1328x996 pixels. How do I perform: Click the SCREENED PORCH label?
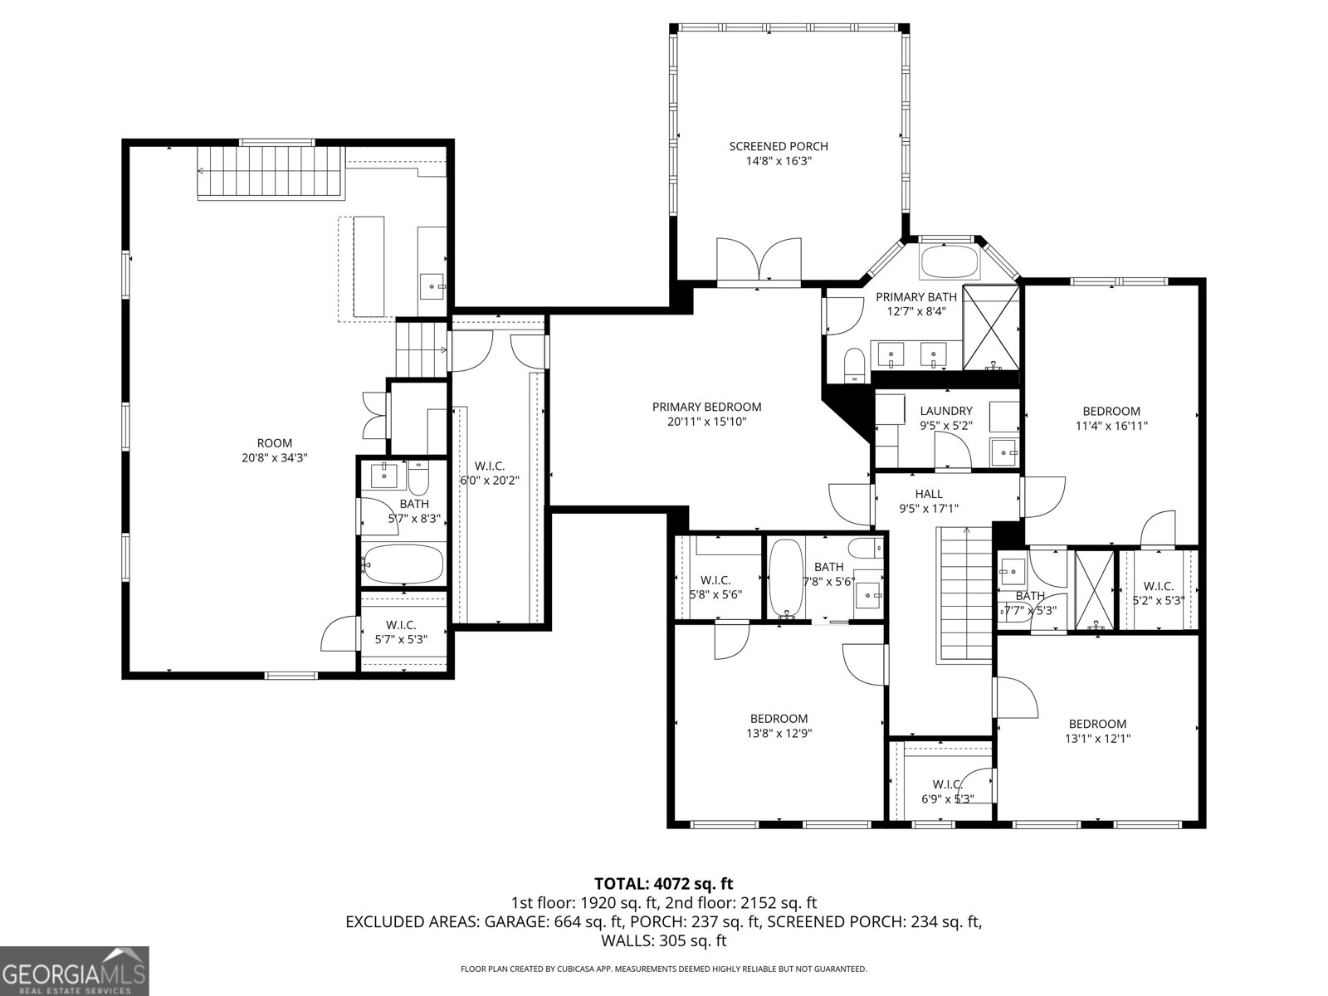point(779,147)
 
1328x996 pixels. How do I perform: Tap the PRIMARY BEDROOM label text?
point(706,407)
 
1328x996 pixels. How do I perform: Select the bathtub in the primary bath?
point(950,261)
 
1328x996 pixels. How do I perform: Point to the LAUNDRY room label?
point(946,411)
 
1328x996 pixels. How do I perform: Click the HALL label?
point(928,494)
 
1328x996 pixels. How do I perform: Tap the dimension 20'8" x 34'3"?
point(275,457)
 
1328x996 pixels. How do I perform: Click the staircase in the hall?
point(965,593)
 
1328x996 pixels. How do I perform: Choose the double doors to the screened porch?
point(759,261)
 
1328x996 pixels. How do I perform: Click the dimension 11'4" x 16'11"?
point(1111,426)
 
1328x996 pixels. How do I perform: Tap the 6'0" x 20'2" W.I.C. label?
point(490,473)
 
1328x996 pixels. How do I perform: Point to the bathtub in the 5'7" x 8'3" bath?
point(404,564)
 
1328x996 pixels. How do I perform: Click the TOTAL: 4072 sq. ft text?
point(664,883)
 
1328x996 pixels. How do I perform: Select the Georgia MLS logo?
point(74,970)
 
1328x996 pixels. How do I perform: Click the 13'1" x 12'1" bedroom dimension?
point(1097,738)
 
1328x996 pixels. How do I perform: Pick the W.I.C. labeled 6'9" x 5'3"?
point(947,791)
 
